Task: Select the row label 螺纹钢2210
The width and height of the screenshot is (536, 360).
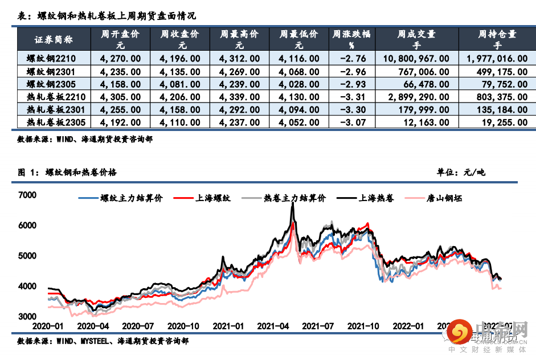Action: point(51,58)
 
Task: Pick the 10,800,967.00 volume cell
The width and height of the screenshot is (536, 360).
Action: point(416,58)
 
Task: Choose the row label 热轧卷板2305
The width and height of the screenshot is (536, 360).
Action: point(51,122)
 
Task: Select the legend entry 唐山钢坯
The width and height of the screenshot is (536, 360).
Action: point(444,199)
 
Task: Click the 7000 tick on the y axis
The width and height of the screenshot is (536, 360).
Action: point(27,195)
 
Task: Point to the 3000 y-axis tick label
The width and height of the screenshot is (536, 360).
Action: point(27,316)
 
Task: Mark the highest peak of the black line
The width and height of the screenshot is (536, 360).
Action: point(292,204)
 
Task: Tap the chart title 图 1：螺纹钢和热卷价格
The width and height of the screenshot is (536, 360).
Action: point(67,172)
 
